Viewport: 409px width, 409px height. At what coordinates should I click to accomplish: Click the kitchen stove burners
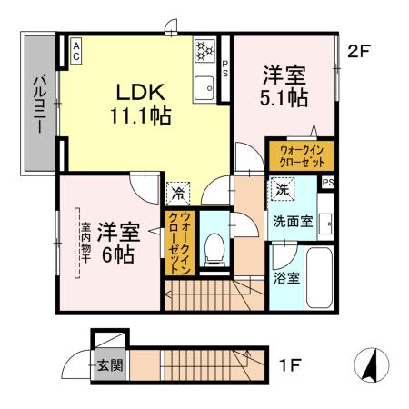pyautogui.click(x=204, y=48)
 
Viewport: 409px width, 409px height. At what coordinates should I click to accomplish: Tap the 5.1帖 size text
pyautogui.click(x=284, y=99)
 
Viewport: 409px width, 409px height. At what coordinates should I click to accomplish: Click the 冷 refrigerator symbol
pyautogui.click(x=176, y=193)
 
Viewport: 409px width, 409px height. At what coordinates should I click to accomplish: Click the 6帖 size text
pyautogui.click(x=118, y=254)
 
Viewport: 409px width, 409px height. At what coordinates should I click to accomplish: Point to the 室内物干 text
pyautogui.click(x=84, y=243)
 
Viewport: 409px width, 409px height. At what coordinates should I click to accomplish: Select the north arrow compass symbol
pyautogui.click(x=370, y=365)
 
